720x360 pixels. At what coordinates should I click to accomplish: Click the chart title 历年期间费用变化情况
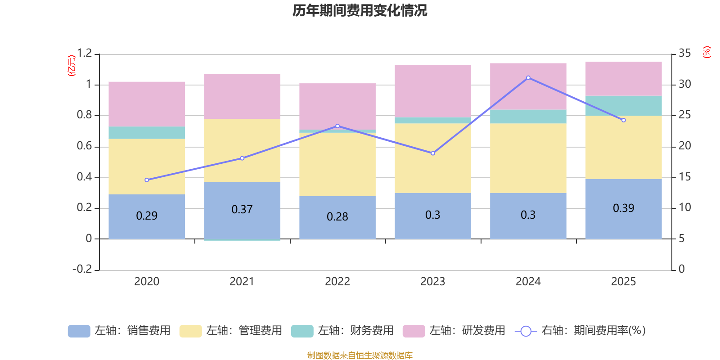[360, 10]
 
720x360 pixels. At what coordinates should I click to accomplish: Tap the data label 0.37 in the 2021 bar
[242, 209]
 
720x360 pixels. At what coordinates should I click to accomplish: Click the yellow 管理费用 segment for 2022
[337, 164]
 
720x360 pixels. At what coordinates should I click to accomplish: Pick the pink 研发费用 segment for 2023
[433, 91]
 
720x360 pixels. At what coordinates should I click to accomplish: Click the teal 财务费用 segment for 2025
[624, 106]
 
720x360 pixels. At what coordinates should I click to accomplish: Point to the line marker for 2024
[528, 78]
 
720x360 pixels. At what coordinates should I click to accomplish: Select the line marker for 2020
[147, 180]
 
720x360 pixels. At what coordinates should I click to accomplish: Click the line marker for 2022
[337, 126]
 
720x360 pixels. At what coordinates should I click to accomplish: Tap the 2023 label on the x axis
[433, 282]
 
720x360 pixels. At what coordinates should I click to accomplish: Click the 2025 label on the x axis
[624, 282]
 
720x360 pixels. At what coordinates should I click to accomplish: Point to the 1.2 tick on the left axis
[84, 54]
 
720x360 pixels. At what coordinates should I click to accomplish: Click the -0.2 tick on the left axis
[82, 269]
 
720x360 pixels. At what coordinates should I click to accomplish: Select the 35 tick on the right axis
[684, 54]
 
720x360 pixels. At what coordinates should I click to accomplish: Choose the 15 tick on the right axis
[684, 177]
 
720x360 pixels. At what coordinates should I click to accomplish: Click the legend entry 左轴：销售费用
[119, 331]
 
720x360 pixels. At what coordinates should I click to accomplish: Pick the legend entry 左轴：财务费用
[342, 331]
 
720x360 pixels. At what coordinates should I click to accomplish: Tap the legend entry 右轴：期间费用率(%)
[580, 331]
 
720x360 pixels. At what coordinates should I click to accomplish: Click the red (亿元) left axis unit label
[72, 66]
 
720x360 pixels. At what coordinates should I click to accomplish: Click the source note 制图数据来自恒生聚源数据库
[360, 355]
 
